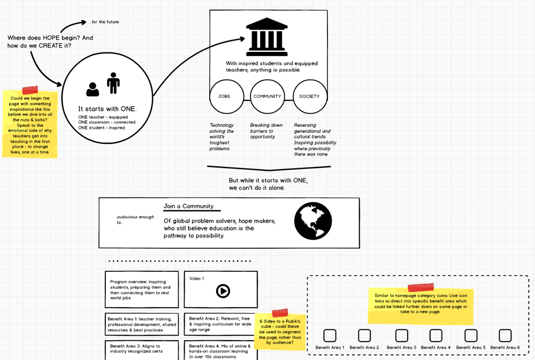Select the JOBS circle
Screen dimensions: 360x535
point(224,96)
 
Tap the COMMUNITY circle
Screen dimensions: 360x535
point(267,96)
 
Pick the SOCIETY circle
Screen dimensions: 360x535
point(309,96)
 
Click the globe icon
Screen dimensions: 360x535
point(313,221)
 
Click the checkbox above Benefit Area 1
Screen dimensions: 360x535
point(330,335)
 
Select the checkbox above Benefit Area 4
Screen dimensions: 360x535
point(436,335)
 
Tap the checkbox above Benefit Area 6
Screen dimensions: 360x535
point(505,335)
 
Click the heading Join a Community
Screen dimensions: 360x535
point(188,206)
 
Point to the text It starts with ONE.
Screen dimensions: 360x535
point(107,109)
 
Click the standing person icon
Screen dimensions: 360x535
point(113,83)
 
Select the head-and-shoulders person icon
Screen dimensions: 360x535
point(93,89)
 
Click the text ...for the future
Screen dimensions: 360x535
point(104,22)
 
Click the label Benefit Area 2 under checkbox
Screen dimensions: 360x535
point(364,348)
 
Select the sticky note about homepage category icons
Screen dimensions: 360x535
point(421,305)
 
